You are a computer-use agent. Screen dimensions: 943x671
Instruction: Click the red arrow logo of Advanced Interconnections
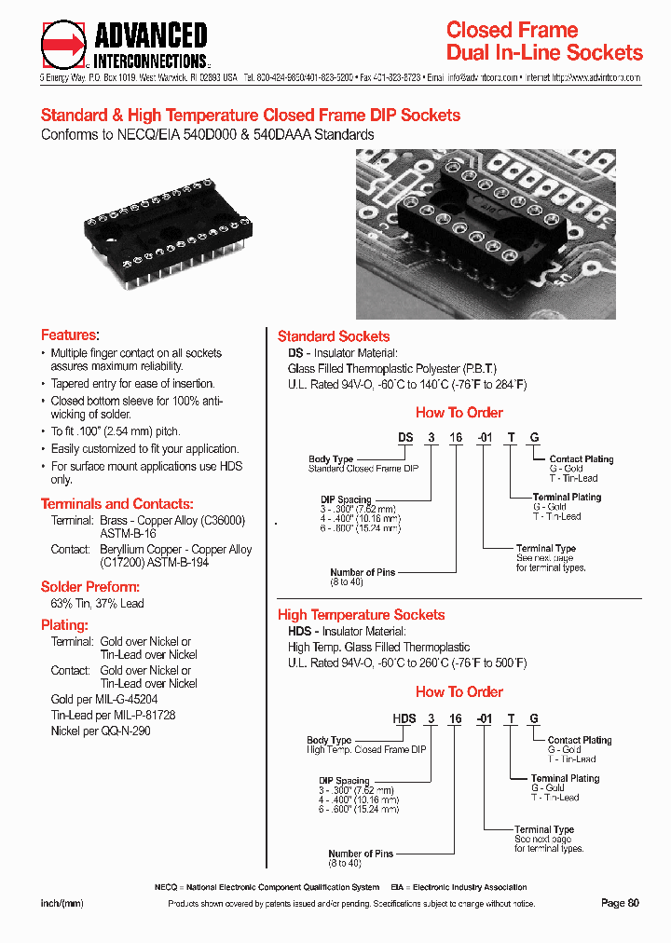point(64,44)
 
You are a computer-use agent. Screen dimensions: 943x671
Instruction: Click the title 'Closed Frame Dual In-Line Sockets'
point(544,41)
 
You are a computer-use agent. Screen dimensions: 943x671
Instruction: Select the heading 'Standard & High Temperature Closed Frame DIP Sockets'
point(251,116)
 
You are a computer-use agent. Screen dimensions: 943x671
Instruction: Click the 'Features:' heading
point(70,335)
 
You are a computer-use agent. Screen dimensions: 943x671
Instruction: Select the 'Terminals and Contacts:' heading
point(116,503)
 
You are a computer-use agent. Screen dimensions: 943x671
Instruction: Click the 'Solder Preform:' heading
point(90,587)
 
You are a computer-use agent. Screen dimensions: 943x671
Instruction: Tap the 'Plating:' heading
point(64,625)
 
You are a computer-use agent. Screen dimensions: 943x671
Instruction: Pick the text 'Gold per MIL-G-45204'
point(104,699)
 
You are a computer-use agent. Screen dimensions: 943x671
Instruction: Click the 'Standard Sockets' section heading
point(334,336)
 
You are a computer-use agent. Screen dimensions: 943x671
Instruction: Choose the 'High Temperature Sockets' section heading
point(361,615)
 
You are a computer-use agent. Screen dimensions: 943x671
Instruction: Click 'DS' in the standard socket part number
point(405,437)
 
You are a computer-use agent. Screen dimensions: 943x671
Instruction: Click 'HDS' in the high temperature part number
point(404,717)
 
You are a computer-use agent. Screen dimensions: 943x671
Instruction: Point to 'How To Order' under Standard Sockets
point(459,413)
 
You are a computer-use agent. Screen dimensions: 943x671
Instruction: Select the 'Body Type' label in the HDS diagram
point(329,740)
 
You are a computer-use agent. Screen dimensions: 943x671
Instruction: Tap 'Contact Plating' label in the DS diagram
point(581,458)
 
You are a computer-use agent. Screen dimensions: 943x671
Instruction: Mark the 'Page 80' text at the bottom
point(621,903)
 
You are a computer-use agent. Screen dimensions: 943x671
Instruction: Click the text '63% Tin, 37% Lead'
point(97,604)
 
